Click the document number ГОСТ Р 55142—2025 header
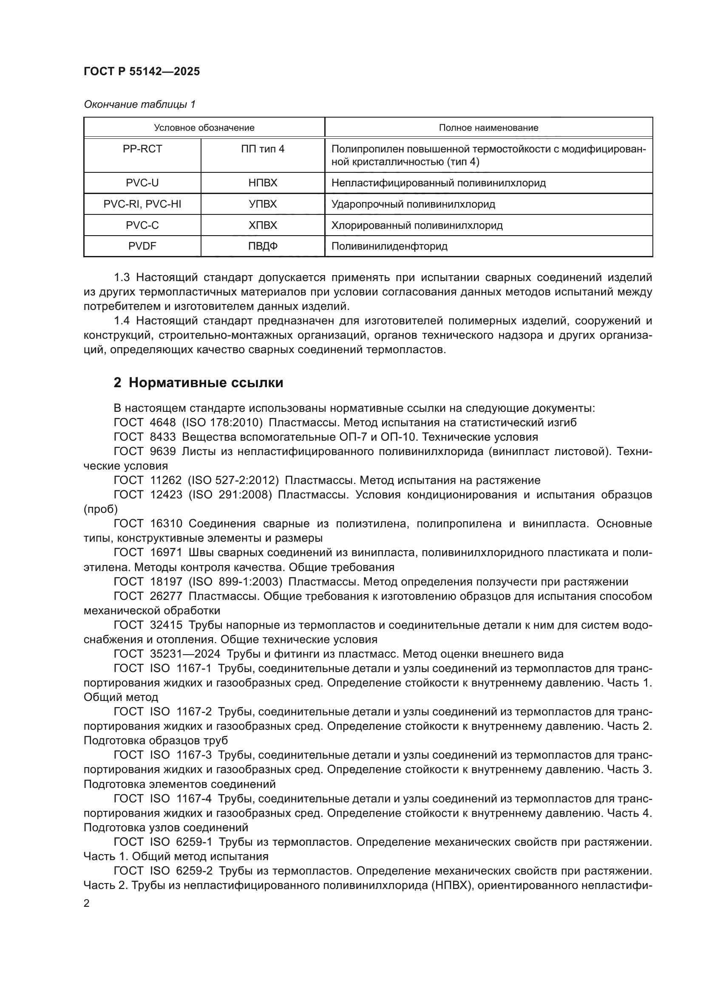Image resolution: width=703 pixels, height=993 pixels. click(142, 71)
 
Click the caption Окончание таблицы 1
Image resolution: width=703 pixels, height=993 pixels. click(139, 104)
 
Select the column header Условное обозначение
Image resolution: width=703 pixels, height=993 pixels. click(204, 128)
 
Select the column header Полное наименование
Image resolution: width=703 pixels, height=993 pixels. click(488, 128)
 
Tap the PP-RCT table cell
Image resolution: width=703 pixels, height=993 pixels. click(142, 149)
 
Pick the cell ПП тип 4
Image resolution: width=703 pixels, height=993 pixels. click(263, 149)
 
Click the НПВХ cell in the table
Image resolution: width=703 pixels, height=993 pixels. click(263, 183)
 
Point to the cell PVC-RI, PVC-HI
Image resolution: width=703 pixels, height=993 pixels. click(142, 204)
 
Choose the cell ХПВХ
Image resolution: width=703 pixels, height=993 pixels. click(263, 225)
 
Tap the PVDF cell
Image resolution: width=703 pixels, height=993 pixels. click(142, 247)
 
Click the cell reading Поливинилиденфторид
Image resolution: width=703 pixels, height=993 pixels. click(389, 247)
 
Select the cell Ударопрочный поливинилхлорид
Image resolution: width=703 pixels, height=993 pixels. click(413, 204)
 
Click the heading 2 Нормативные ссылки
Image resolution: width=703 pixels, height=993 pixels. click(198, 383)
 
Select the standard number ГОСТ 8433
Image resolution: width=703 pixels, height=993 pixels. click(145, 437)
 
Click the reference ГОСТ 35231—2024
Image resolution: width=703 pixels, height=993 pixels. click(167, 654)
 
